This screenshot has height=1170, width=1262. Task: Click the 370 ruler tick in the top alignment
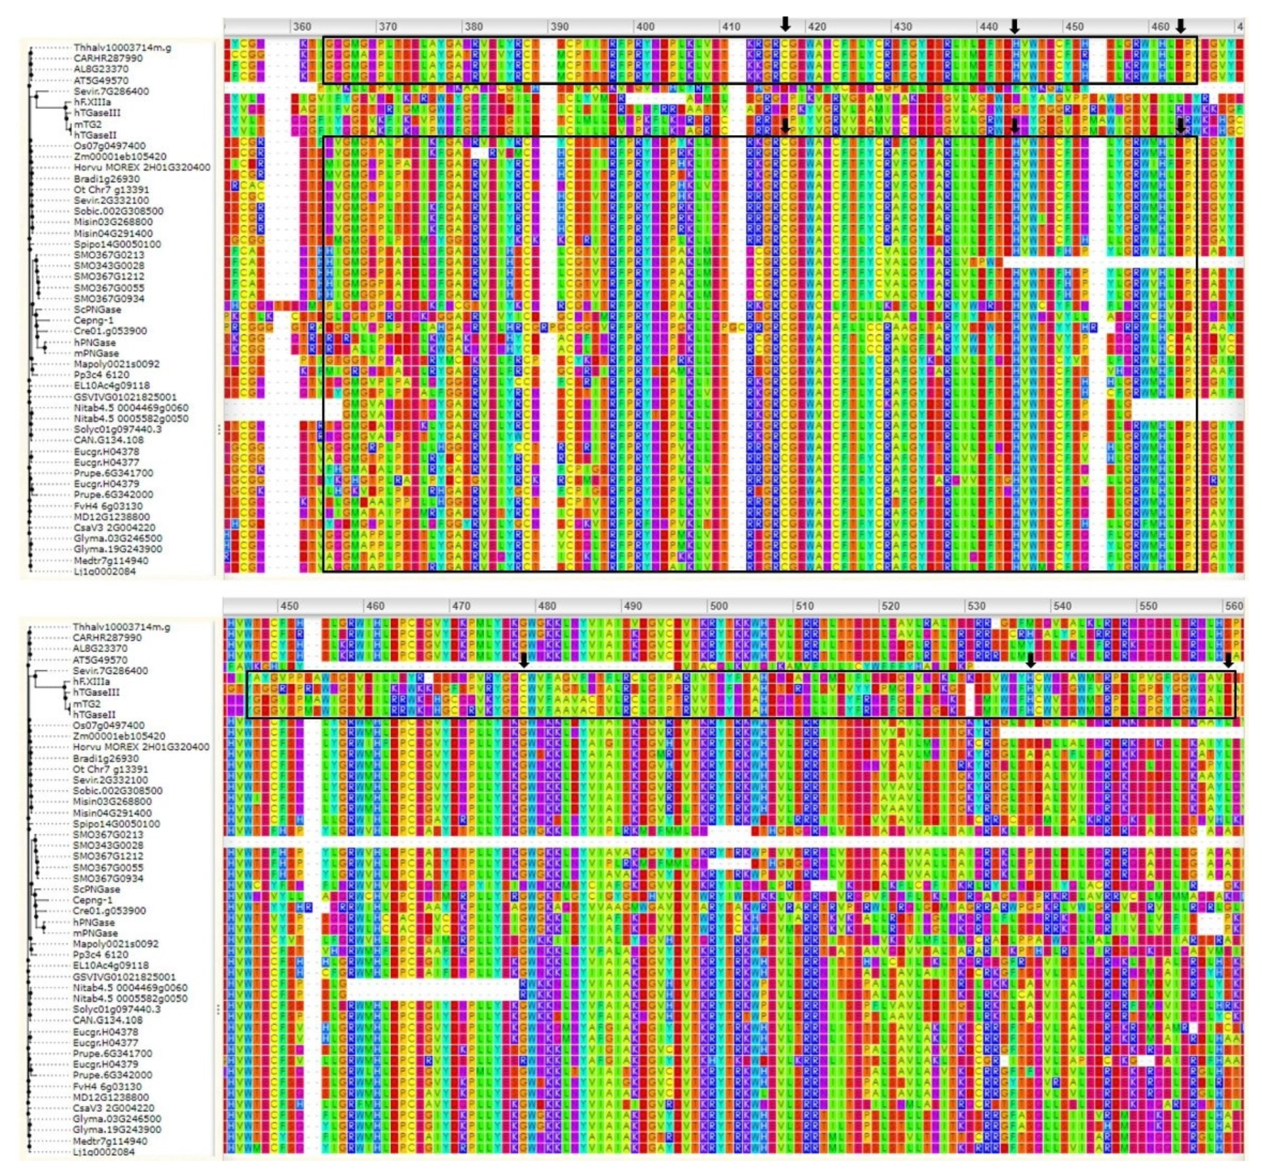(x=387, y=26)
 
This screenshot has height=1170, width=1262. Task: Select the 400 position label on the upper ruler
(x=644, y=26)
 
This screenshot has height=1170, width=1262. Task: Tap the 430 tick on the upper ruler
(x=902, y=26)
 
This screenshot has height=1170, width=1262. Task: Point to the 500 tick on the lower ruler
(x=718, y=606)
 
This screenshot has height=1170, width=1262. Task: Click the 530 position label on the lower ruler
(x=976, y=606)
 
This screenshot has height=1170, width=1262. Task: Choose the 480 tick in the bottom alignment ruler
(x=546, y=606)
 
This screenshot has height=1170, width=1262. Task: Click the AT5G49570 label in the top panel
(x=101, y=80)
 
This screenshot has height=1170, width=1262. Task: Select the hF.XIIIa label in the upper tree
(x=92, y=102)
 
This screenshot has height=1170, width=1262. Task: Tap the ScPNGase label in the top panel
(x=97, y=310)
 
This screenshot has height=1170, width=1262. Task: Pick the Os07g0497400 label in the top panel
(x=109, y=146)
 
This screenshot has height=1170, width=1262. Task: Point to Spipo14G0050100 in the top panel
(x=117, y=244)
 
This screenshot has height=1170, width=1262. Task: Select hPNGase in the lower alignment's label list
(x=94, y=922)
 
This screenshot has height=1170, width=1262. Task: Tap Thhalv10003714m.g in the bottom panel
(x=121, y=627)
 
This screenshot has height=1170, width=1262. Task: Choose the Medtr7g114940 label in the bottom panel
(x=110, y=1140)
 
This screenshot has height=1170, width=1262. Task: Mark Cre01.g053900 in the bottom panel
(x=109, y=910)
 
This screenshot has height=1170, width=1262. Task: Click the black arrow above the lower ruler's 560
(x=1228, y=660)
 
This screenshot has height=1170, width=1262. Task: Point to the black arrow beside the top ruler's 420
(x=785, y=24)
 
